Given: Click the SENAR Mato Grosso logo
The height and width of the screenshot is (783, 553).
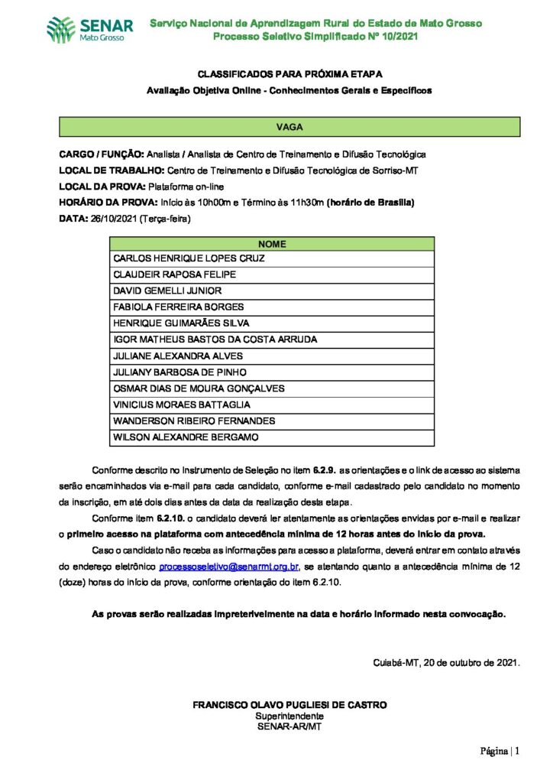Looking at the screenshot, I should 89,30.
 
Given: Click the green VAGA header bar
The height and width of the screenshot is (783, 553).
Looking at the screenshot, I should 289,127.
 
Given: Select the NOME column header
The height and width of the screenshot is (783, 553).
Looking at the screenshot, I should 272,244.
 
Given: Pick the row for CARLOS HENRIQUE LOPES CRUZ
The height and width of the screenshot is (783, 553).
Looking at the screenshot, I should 189,258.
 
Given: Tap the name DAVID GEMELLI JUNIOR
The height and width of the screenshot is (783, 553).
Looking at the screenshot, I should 167,291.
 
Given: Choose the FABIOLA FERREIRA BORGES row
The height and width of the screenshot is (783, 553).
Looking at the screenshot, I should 178,307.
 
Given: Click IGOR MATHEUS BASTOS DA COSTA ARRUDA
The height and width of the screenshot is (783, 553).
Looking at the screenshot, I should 215,340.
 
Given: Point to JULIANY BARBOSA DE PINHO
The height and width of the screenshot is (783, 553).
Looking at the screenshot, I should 179,372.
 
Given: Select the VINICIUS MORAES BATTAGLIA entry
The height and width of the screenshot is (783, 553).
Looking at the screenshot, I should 182,404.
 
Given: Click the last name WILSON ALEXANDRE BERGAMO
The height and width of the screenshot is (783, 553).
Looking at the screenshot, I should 186,437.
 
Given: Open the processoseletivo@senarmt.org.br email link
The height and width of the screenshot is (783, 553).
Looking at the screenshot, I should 229,567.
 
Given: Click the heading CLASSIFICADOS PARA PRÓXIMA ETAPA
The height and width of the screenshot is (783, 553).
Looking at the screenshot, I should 289,74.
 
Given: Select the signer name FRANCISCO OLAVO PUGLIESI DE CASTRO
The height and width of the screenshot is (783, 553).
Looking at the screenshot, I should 289,704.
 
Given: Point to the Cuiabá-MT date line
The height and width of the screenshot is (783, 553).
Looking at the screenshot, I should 446,662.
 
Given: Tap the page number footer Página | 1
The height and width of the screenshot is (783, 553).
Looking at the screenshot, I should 500,751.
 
